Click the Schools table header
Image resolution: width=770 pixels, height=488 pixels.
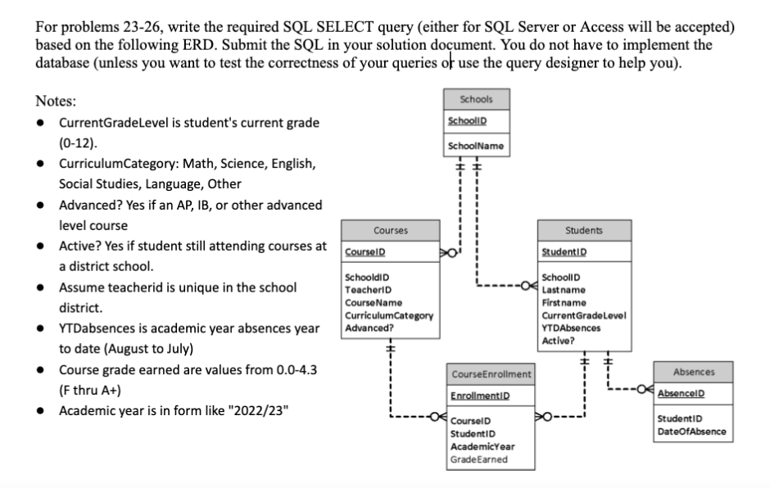477,99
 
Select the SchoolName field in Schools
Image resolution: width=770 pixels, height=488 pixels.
475,146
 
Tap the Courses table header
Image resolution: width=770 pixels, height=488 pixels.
391,230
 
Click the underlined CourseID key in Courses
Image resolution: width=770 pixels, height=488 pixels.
365,252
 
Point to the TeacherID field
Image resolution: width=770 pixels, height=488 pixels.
368,290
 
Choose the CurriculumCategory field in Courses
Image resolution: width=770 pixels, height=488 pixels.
389,316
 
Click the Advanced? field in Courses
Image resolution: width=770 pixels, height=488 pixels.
369,328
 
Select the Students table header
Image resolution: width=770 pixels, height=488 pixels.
584,230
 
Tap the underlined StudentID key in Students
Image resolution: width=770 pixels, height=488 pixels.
564,252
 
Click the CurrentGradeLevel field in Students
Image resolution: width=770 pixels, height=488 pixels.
584,316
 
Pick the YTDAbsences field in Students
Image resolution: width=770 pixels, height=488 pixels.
571,328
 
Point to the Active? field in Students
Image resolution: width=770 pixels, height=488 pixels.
558,341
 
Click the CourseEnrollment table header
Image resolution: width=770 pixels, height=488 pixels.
491,374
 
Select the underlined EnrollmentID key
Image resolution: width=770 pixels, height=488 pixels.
480,395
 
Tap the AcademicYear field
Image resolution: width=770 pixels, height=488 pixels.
482,447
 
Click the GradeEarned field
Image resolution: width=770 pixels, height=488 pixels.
479,459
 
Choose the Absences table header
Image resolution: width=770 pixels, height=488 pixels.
693,372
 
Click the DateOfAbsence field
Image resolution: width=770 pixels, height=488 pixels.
691,432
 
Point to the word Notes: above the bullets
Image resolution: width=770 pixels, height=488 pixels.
56,102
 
